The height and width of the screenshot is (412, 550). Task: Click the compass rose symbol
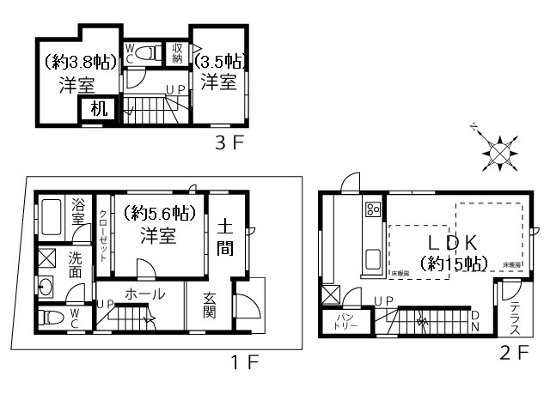click(498, 152)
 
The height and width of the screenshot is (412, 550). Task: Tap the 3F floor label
click(230, 142)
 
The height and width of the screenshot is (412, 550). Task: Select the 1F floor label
click(246, 362)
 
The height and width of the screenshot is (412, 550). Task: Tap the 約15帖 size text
click(453, 263)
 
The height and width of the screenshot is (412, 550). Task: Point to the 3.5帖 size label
click(221, 61)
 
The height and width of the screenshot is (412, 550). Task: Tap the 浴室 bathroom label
click(78, 213)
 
